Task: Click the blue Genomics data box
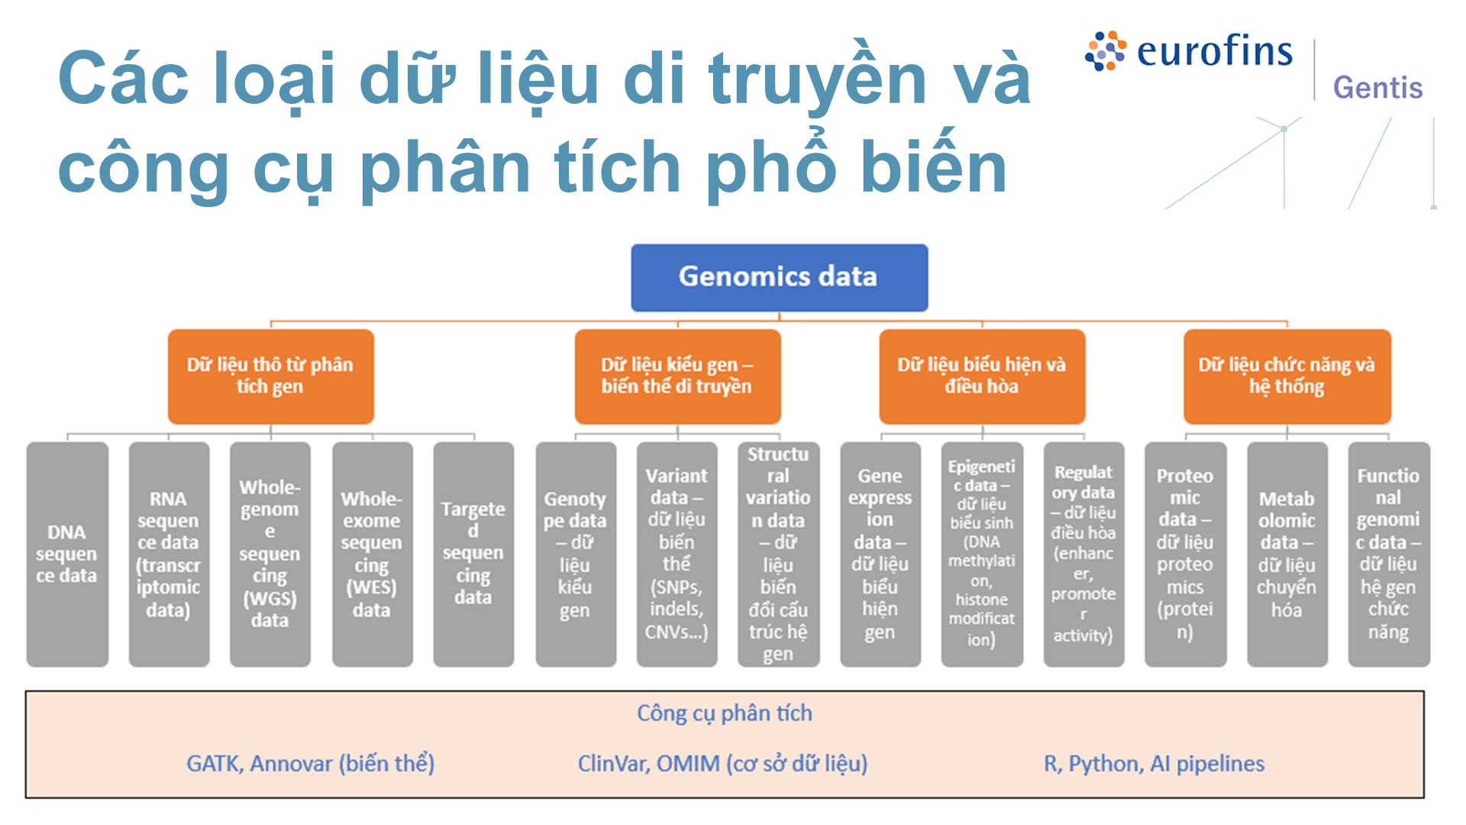(779, 277)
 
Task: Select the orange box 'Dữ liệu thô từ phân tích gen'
(270, 376)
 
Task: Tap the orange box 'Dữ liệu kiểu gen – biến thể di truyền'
(677, 376)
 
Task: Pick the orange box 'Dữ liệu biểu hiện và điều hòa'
(982, 376)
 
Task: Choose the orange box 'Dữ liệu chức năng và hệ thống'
(1287, 376)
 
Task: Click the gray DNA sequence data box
(67, 554)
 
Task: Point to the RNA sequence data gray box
(169, 554)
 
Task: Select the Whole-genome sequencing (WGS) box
(270, 554)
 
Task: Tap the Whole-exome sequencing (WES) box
(373, 554)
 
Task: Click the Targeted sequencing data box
(473, 554)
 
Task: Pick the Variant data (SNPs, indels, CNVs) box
(677, 554)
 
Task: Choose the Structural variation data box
(779, 554)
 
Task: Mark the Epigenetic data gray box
(982, 554)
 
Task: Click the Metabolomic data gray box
(1287, 554)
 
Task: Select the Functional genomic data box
(1389, 554)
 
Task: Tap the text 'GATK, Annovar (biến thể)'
(311, 763)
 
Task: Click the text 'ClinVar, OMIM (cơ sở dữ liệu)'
(723, 763)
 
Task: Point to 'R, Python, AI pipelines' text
(1154, 763)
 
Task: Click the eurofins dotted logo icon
(1106, 51)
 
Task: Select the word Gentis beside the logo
(1378, 88)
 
